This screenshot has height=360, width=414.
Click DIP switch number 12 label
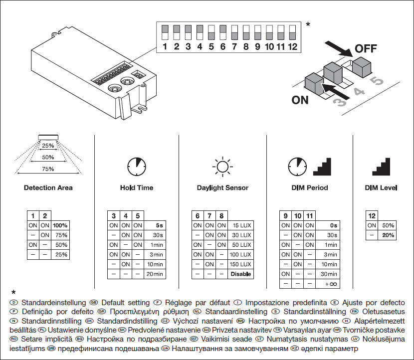tap(292, 47)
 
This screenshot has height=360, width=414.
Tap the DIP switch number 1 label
tap(165, 47)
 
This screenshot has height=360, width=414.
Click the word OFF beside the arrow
tap(366, 49)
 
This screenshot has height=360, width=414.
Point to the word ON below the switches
tap(300, 100)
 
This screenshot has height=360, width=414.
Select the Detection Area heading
tap(48, 188)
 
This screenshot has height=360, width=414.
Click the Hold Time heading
tap(136, 188)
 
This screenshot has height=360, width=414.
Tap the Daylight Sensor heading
tap(222, 188)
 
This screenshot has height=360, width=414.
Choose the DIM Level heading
tap(381, 188)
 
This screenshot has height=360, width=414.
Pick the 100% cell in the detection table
tap(60, 225)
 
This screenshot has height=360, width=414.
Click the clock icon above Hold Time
tap(136, 167)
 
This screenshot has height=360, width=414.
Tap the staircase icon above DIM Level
tap(381, 167)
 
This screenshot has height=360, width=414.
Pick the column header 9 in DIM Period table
tap(285, 216)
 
